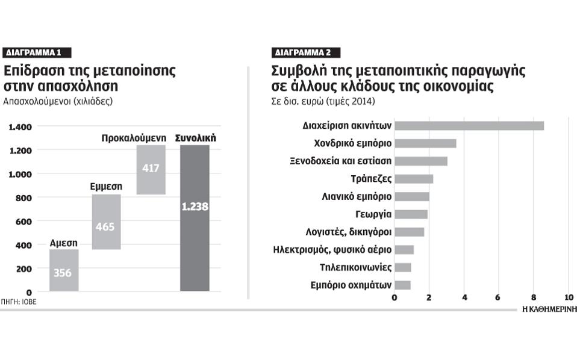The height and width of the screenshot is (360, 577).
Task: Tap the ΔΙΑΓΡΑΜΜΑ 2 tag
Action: [305, 52]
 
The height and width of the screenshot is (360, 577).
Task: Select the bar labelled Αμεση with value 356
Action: [64, 270]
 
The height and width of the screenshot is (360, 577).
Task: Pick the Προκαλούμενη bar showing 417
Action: [151, 170]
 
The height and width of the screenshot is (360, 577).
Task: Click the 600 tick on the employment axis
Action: [24, 222]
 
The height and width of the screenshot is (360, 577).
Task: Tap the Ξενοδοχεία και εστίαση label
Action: [341, 161]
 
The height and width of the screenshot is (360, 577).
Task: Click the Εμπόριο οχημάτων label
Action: [351, 285]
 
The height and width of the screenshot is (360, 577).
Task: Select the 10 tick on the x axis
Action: [568, 297]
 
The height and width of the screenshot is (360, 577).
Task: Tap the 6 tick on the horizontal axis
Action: [498, 297]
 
